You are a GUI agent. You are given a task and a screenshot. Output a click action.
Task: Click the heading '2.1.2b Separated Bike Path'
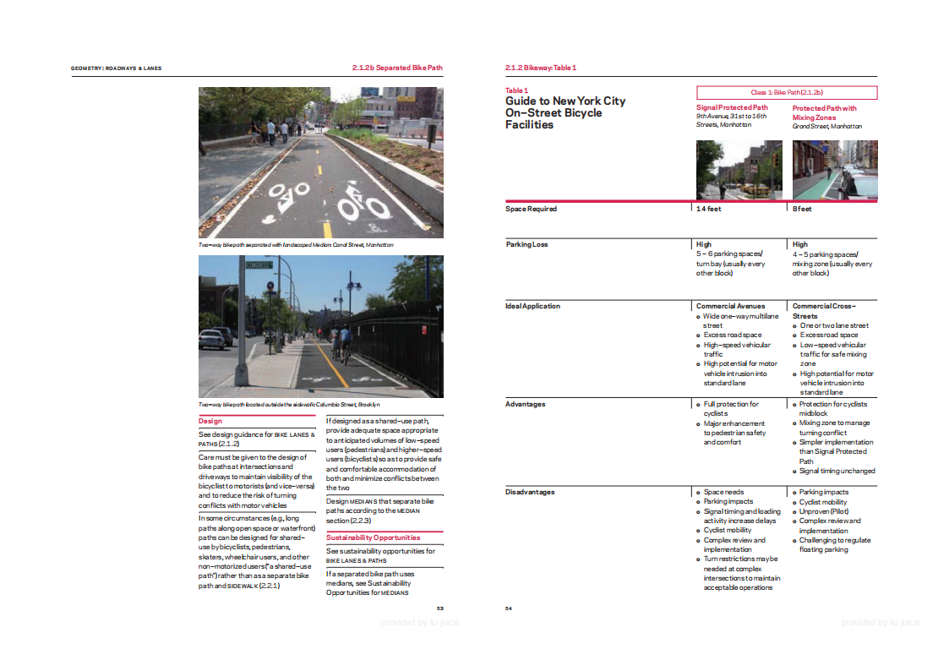point(397,68)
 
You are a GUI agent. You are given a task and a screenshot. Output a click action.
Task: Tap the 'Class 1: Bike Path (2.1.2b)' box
point(787,92)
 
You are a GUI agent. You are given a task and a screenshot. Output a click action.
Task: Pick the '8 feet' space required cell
point(802,209)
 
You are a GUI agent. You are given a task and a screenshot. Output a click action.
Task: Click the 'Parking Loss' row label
point(526,244)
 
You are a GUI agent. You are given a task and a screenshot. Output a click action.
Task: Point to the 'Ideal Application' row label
point(532,306)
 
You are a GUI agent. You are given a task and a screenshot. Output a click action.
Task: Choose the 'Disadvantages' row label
point(529,492)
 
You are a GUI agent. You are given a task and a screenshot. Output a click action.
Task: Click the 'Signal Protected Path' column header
point(732,107)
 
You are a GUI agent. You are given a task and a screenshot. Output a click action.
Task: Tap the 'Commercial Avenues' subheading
point(730,306)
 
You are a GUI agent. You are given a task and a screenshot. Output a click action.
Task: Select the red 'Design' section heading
point(210,420)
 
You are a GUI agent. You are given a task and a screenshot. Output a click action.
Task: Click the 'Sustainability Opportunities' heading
point(373,537)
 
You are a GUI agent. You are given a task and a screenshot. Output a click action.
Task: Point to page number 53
point(439,608)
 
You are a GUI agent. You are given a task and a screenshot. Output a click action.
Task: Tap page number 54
point(509,608)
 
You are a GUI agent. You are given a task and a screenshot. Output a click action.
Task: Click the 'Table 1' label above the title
point(516,90)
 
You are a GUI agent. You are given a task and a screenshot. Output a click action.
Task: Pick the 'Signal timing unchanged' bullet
point(837,471)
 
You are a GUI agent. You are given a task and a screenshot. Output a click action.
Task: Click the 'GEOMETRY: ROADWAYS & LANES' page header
point(116,68)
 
